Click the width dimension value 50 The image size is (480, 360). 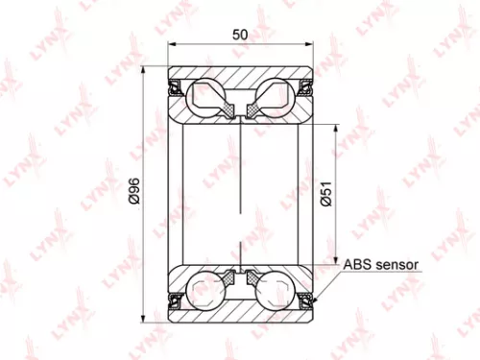[x=241, y=35]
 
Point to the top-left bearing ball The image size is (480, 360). [x=207, y=97]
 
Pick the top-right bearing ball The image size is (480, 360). [x=275, y=97]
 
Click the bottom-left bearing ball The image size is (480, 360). [x=207, y=290]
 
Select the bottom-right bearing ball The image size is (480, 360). [x=275, y=290]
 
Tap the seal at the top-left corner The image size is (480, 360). [x=176, y=88]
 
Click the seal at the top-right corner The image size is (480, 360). [x=307, y=88]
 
